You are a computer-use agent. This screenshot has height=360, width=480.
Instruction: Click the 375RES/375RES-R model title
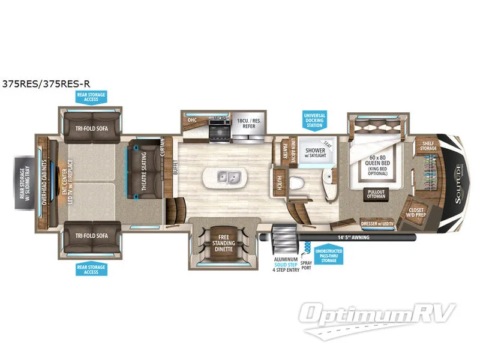(46, 85)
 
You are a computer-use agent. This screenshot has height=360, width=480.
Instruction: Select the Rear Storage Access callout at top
(91, 97)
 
